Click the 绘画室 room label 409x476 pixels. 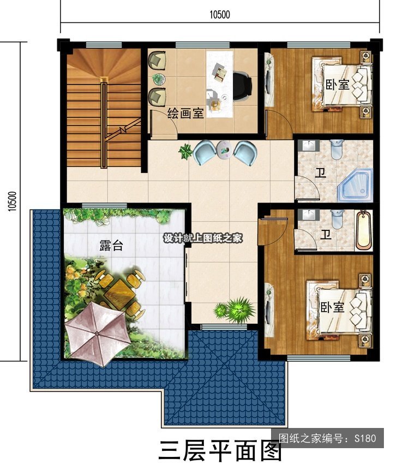coord(185,114)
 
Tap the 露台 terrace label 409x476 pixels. coord(111,245)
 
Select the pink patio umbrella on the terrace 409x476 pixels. coord(98,334)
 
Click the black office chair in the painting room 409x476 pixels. coord(243,86)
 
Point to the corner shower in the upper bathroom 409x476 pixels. coord(354,185)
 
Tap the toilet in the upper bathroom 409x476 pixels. coord(336,149)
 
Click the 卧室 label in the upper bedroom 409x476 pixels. coord(338,85)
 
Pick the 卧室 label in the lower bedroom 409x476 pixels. coord(333,307)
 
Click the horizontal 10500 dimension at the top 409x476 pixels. coord(220,14)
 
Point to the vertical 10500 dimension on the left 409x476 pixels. coord(11,201)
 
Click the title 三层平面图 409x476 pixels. coord(220,451)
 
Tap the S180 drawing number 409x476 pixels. coord(365,438)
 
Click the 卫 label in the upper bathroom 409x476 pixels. coord(321,172)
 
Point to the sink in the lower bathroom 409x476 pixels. coord(309,215)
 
